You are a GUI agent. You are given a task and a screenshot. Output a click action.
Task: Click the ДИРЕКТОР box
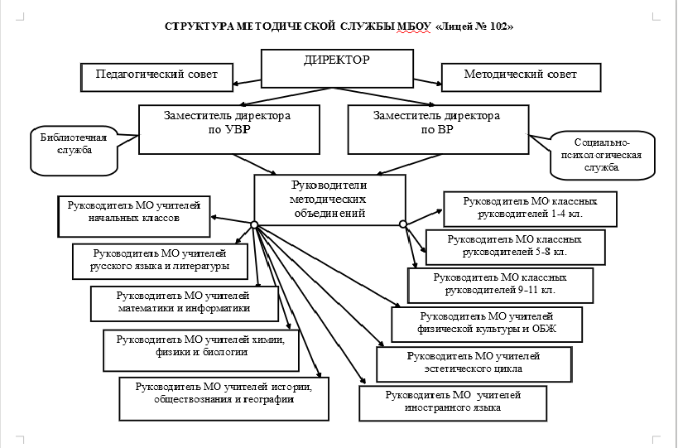click(337, 69)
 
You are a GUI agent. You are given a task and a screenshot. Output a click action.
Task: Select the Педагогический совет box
click(156, 77)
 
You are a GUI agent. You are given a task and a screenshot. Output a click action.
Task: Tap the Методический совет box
click(521, 77)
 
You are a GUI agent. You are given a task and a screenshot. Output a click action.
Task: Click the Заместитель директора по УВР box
click(229, 129)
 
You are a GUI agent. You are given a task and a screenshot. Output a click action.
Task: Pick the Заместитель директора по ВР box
click(439, 129)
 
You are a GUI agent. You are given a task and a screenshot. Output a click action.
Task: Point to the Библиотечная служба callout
click(75, 151)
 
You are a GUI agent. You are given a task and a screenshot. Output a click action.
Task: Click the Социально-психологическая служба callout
click(602, 155)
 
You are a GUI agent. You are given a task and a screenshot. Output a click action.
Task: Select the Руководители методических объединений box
click(329, 200)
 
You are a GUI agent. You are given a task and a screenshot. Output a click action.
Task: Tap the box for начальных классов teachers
click(134, 216)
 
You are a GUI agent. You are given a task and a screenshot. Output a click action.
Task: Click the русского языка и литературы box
click(160, 262)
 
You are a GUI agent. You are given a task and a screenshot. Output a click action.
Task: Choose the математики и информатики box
click(185, 304)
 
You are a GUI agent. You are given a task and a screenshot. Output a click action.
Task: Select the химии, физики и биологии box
click(201, 350)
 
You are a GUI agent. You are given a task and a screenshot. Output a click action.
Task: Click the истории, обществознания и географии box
click(224, 398)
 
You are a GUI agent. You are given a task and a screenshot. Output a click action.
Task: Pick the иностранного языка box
click(453, 403)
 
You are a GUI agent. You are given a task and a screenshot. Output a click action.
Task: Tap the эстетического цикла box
click(474, 364)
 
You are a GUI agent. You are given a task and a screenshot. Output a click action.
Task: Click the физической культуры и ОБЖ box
click(488, 325)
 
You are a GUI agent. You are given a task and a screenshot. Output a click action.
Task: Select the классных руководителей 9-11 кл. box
click(500, 286)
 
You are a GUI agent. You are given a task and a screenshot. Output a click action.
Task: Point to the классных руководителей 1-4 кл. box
click(530, 209)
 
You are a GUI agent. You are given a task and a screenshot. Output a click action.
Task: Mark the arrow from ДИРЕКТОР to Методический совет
click(427, 82)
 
